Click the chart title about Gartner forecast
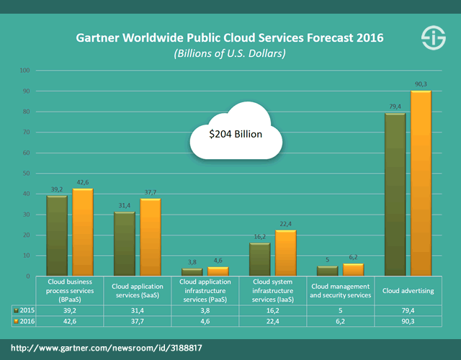[x=230, y=36]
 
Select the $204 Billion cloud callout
[x=236, y=134]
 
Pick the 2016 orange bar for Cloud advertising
[x=421, y=183]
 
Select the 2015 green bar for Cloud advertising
[x=395, y=194]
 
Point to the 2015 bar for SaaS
[x=125, y=243]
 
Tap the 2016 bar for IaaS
[x=285, y=253]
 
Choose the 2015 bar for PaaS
[x=192, y=271]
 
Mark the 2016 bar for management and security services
[x=353, y=269]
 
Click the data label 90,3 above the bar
[x=421, y=85]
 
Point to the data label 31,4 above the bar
[x=124, y=207]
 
